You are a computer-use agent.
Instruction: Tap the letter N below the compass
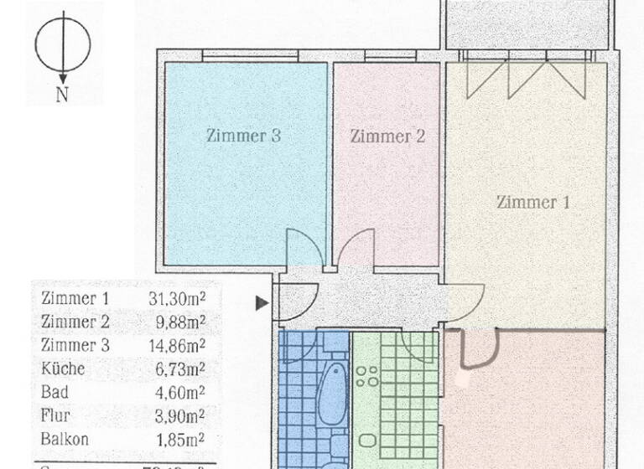[62, 95]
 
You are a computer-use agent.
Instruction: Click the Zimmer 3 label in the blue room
[243, 136]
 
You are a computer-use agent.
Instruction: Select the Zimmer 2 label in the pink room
[387, 136]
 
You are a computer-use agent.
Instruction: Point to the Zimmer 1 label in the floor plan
[533, 202]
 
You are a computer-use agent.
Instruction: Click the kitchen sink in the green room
[366, 441]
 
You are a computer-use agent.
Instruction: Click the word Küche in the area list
[63, 368]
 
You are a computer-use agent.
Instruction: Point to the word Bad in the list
[54, 391]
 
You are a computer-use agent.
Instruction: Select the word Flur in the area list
[55, 415]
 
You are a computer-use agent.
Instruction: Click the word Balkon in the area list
[64, 438]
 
